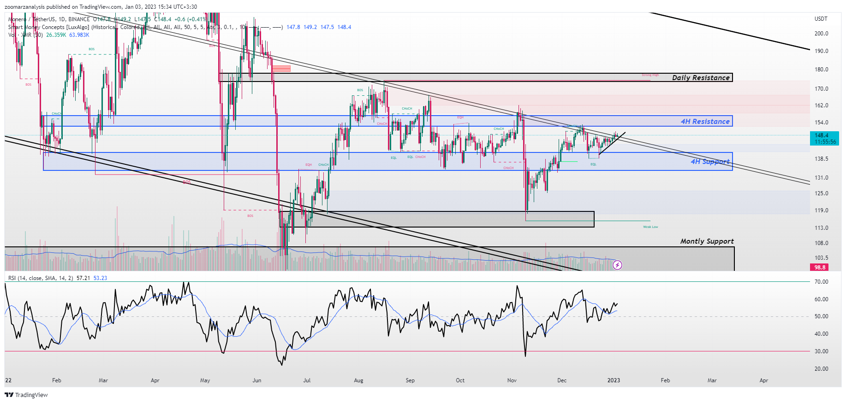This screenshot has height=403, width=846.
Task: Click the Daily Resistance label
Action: coord(701,78)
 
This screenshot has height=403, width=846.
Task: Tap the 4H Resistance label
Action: coord(705,122)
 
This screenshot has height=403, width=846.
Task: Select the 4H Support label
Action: coord(710,162)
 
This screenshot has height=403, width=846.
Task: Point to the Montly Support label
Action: coord(707,241)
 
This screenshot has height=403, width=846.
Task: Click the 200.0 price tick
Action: coord(821,34)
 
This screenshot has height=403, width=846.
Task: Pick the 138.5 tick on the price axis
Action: coord(821,159)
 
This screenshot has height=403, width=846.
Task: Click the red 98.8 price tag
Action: coord(820,267)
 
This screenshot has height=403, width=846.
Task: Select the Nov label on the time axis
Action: coord(512,380)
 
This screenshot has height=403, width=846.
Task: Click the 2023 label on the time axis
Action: coord(614,380)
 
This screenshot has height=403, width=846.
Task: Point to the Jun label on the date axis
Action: coord(257,380)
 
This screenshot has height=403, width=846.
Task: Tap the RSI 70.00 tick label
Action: coord(821,282)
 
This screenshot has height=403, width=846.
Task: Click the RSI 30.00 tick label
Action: coord(821,351)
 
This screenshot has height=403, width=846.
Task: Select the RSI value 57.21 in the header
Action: coord(83,278)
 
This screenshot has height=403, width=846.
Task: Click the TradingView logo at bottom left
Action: coord(26,395)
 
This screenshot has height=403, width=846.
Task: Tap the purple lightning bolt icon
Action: coord(617,265)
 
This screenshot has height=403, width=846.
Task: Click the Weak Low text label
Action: coord(650,227)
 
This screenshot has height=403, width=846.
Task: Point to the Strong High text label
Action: coord(650,75)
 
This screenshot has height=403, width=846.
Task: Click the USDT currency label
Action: coord(821,19)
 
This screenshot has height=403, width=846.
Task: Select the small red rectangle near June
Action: coord(281,69)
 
